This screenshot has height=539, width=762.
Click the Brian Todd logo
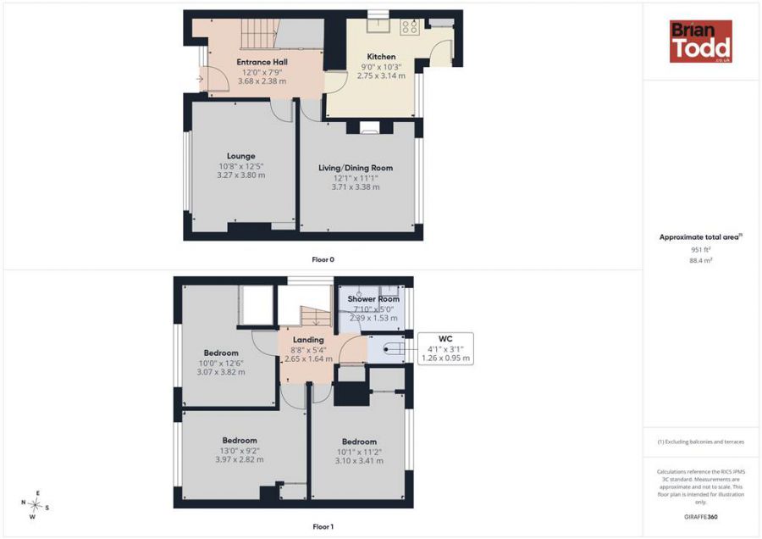[701, 42]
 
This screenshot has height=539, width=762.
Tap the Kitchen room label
[381, 57]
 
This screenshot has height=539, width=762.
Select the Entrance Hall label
[262, 62]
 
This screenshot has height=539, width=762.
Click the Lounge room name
[241, 156]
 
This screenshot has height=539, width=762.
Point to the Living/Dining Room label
[356, 168]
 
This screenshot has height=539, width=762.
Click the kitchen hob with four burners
[410, 26]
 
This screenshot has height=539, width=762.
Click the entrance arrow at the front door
[200, 78]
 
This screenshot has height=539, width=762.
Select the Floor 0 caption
[323, 260]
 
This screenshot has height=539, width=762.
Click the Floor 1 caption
[323, 526]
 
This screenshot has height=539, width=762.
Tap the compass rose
[35, 504]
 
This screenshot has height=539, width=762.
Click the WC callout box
[445, 349]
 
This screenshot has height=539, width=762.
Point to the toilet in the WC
[393, 349]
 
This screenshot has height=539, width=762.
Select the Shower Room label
[373, 298]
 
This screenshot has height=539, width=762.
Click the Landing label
[308, 340]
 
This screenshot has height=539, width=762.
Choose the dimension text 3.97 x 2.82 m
[240, 459]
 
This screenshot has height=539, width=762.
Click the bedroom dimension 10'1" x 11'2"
[359, 452]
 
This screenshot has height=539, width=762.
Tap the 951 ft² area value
[701, 249]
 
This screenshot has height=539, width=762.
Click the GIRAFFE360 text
[700, 517]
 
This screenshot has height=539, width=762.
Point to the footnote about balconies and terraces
[701, 442]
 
